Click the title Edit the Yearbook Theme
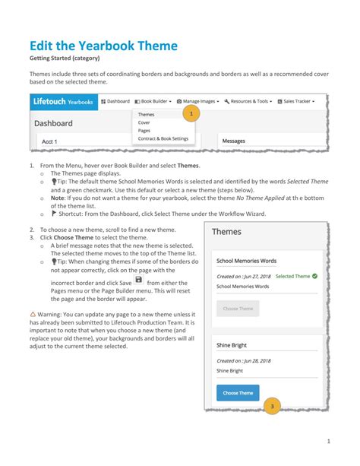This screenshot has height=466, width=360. point(103,45)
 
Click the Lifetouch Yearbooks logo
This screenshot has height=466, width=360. point(63,101)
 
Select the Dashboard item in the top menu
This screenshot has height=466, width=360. point(115,101)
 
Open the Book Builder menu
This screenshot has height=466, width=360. point(153,101)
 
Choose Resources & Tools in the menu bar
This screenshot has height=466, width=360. point(248,101)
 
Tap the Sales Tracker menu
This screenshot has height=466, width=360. point(296,101)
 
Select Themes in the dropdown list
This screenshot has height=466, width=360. point(147,114)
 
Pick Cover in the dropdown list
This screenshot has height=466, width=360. point(144,122)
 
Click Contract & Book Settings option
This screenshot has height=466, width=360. point(163,138)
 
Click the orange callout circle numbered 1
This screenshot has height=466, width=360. point(191,114)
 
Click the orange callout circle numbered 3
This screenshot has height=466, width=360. point(272,407)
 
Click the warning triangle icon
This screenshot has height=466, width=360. point(33,313)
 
